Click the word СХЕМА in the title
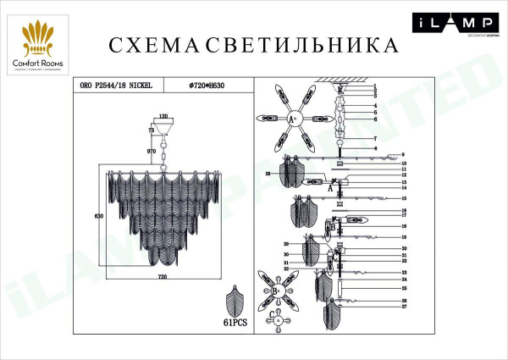tap(144, 45)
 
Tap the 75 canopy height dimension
tap(152, 131)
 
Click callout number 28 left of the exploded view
tap(268, 174)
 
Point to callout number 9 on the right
tap(405, 154)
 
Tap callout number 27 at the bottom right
tap(405, 307)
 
